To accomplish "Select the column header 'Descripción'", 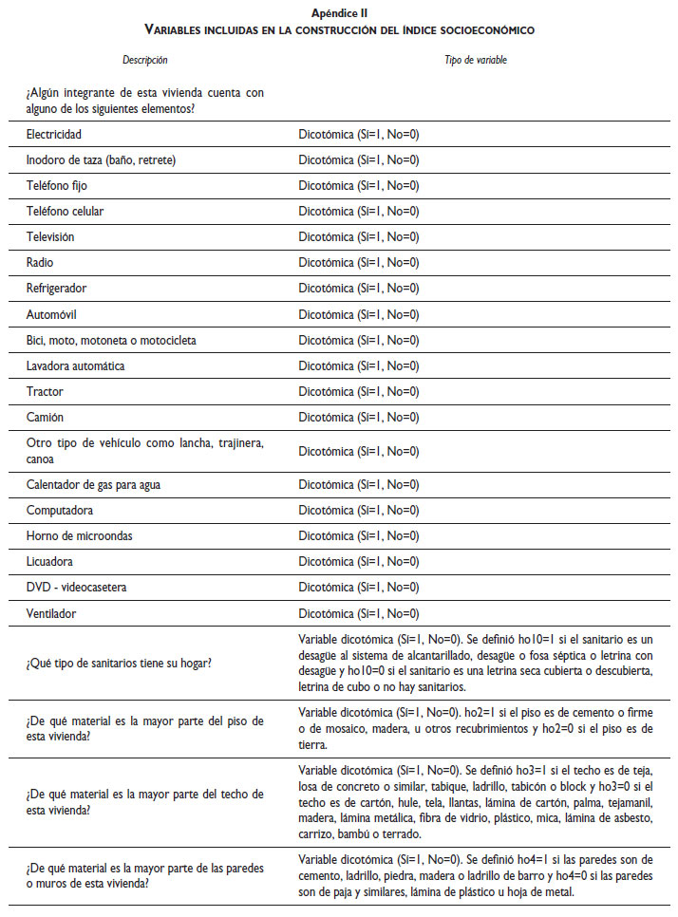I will coord(145,60).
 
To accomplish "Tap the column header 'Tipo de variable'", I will coord(476,60).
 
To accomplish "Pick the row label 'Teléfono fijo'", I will coord(57,186).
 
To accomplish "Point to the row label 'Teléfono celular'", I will coord(64,212).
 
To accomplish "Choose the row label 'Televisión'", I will coord(50,237).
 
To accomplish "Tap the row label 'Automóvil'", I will coord(52,314).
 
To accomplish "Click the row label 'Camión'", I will coord(46,417).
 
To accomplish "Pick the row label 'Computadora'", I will coord(60,511).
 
